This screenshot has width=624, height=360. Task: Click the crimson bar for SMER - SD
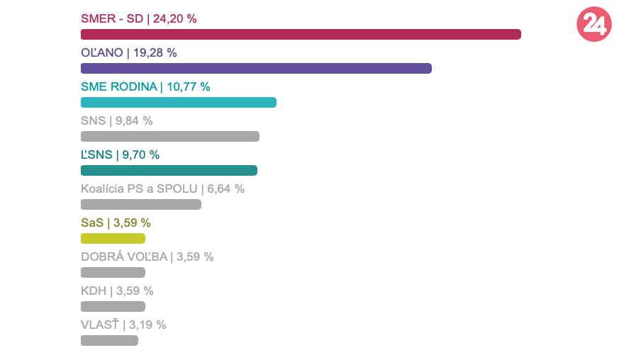tap(301, 34)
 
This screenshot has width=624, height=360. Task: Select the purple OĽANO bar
tap(256, 68)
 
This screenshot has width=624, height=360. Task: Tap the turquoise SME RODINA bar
tap(179, 102)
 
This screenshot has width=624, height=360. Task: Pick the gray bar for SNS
tap(170, 136)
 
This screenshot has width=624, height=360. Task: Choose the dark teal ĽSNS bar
tap(169, 170)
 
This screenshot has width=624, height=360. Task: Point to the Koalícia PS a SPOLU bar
tap(141, 204)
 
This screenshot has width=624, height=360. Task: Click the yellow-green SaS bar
tap(113, 238)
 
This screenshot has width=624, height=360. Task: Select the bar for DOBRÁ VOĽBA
tap(113, 272)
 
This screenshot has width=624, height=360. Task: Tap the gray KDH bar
tap(113, 306)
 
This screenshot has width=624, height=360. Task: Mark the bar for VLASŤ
tap(109, 340)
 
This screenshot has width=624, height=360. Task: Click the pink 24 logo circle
tap(594, 25)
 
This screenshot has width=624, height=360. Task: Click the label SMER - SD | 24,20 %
tap(139, 19)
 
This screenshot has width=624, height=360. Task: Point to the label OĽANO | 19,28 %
tap(129, 52)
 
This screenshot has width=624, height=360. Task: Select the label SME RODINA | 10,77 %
tap(145, 86)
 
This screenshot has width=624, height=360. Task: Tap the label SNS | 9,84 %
tap(117, 120)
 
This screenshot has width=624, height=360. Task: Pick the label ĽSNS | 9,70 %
tap(120, 154)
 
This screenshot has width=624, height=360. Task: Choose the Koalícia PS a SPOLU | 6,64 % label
tap(162, 189)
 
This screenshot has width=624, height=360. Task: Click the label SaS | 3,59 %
tap(116, 223)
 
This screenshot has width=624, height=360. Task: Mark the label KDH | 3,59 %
tap(117, 291)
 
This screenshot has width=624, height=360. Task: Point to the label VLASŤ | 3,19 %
tap(123, 325)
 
